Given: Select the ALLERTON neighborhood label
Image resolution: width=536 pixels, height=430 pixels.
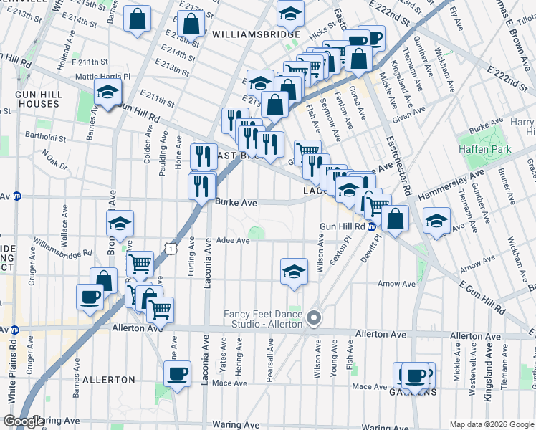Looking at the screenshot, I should [108, 379].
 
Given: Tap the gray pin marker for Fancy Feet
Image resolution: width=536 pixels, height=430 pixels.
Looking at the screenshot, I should [312, 317].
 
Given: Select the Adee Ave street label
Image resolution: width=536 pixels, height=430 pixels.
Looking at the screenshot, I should [233, 241].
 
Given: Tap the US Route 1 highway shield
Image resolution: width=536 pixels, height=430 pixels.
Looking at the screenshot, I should [170, 247].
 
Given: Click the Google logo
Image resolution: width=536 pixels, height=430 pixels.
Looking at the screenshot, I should [23, 421].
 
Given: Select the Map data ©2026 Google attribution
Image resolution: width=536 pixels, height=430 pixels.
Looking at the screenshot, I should [492, 424].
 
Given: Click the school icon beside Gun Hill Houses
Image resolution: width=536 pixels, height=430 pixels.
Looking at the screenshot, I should [107, 92].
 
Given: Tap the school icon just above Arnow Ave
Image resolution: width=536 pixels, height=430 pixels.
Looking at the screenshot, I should [292, 272].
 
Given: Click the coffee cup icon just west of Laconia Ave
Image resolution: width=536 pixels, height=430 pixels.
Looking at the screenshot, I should [178, 373].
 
